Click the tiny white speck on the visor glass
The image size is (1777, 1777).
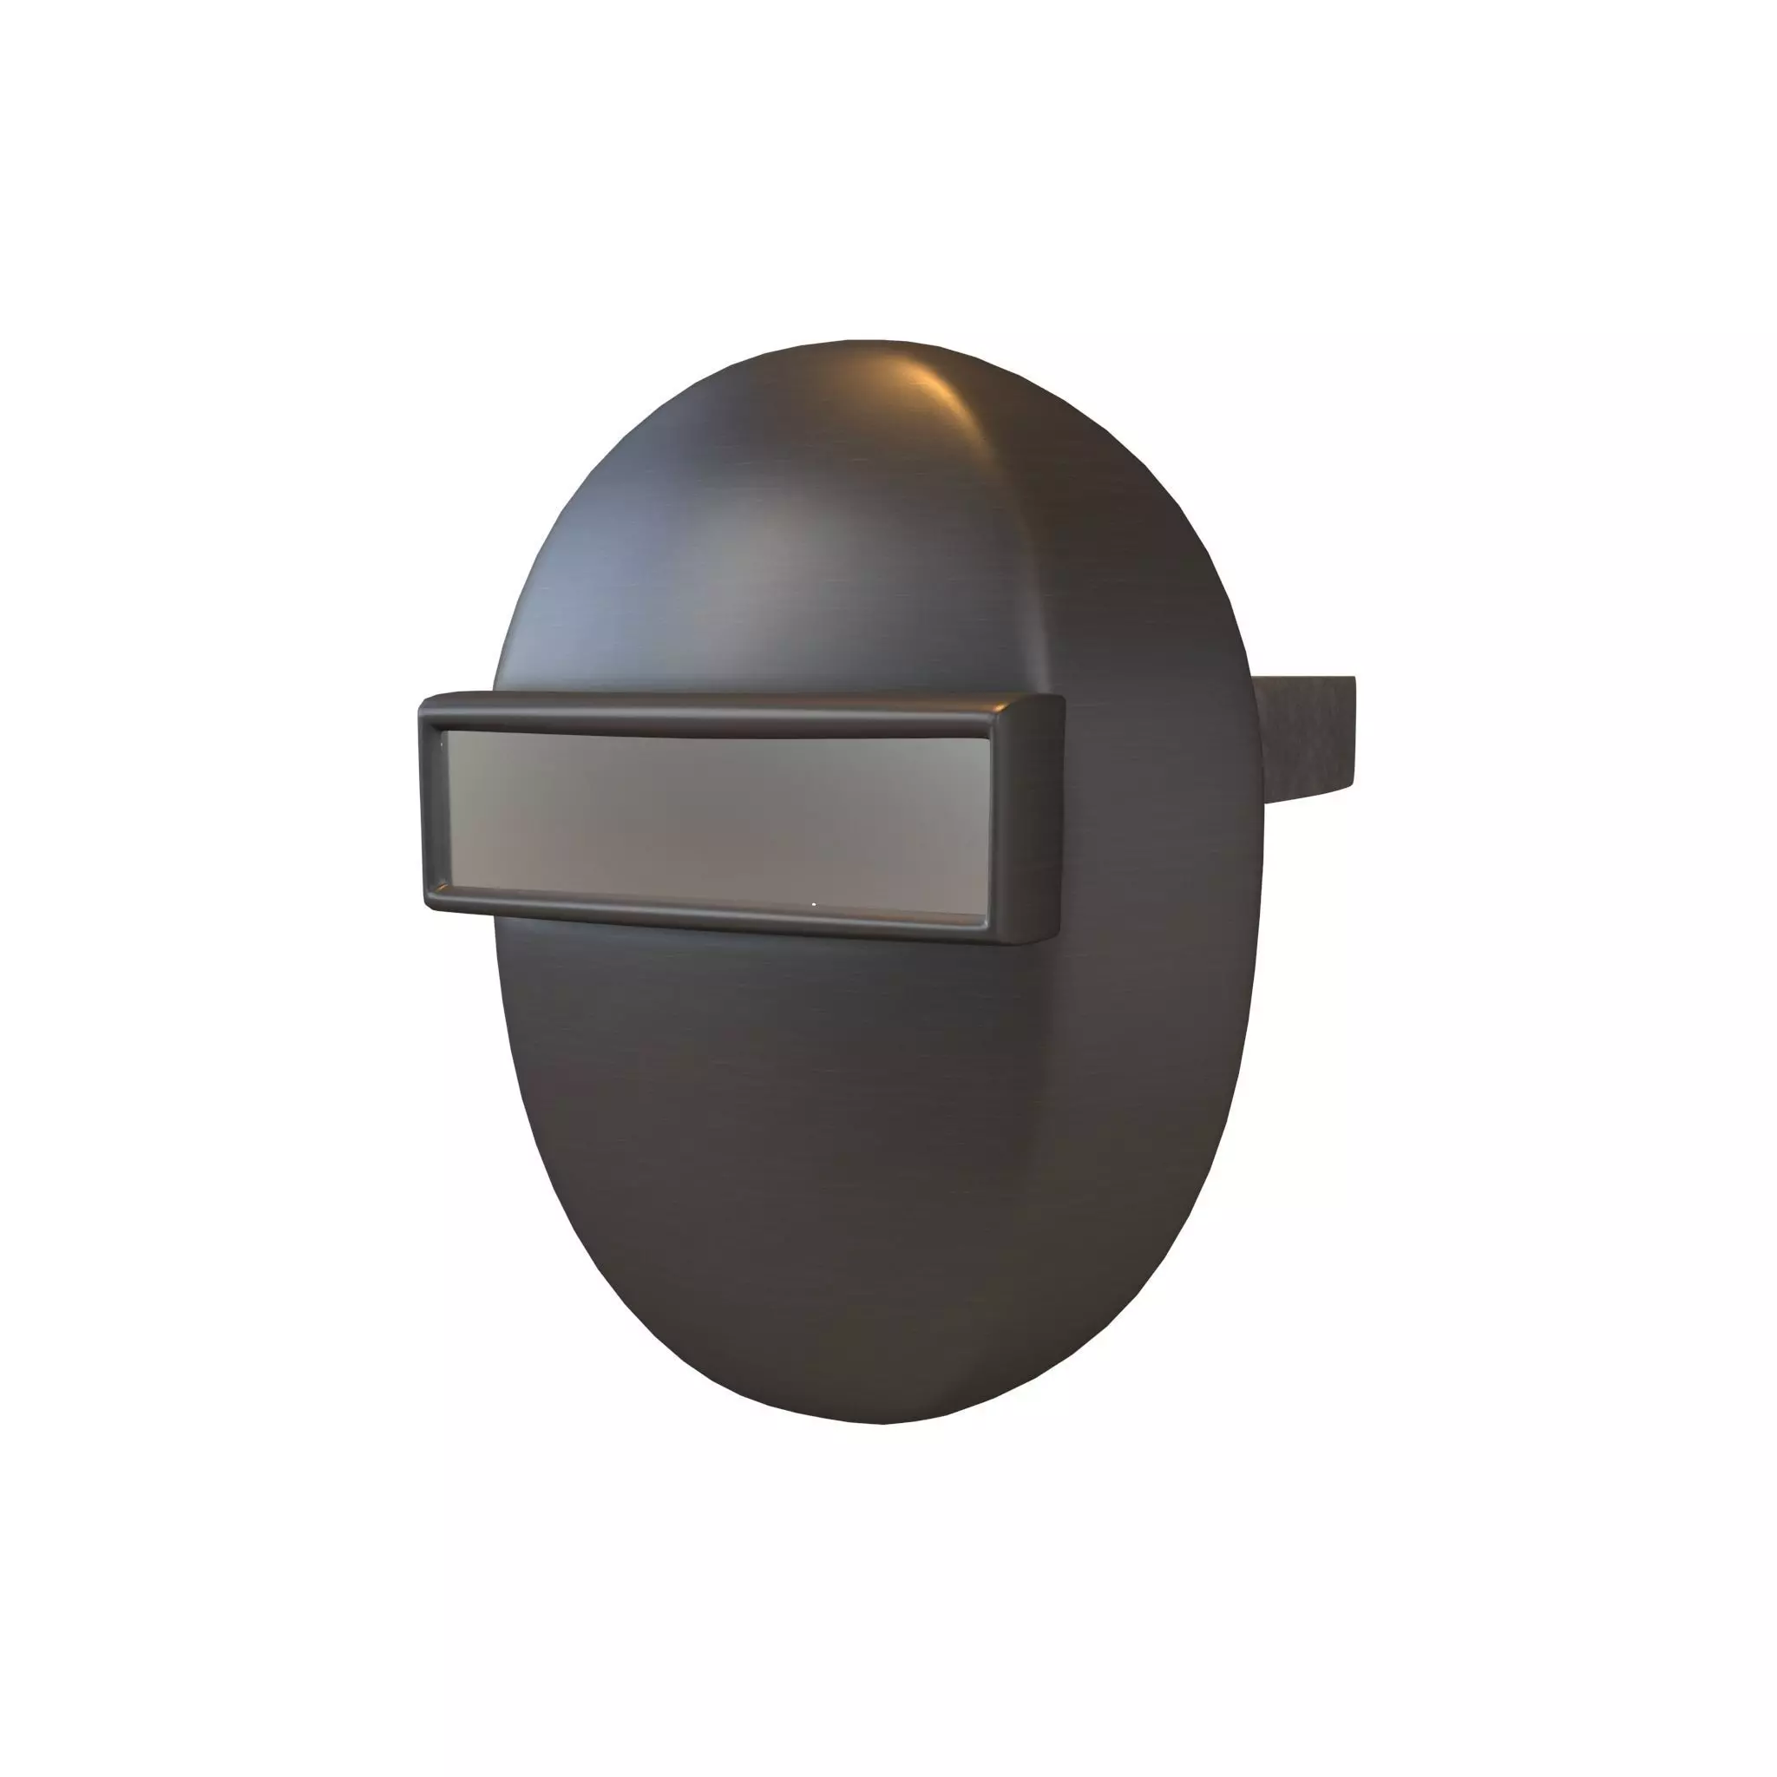[814, 904]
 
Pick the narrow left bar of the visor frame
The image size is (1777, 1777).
[432, 805]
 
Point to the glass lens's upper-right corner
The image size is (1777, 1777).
[987, 739]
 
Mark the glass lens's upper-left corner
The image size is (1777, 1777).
[445, 732]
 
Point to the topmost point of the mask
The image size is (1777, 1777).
[864, 340]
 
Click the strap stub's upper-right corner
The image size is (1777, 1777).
[1353, 678]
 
